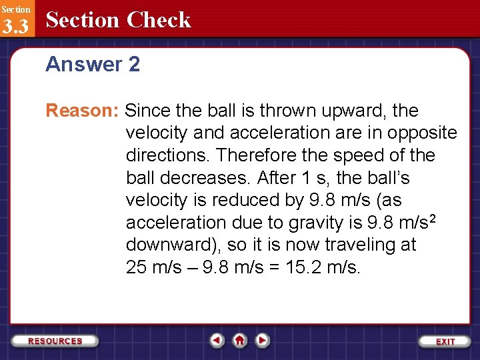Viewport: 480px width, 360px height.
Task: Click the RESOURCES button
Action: pos(55,341)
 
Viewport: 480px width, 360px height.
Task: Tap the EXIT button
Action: pos(445,341)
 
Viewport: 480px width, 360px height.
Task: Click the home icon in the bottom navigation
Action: pos(239,341)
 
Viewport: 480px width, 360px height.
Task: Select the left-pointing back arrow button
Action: pos(217,341)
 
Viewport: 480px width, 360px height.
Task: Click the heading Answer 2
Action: pos(93,65)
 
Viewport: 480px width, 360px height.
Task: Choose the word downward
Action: pos(170,245)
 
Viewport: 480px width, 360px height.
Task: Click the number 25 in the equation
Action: pos(136,267)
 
